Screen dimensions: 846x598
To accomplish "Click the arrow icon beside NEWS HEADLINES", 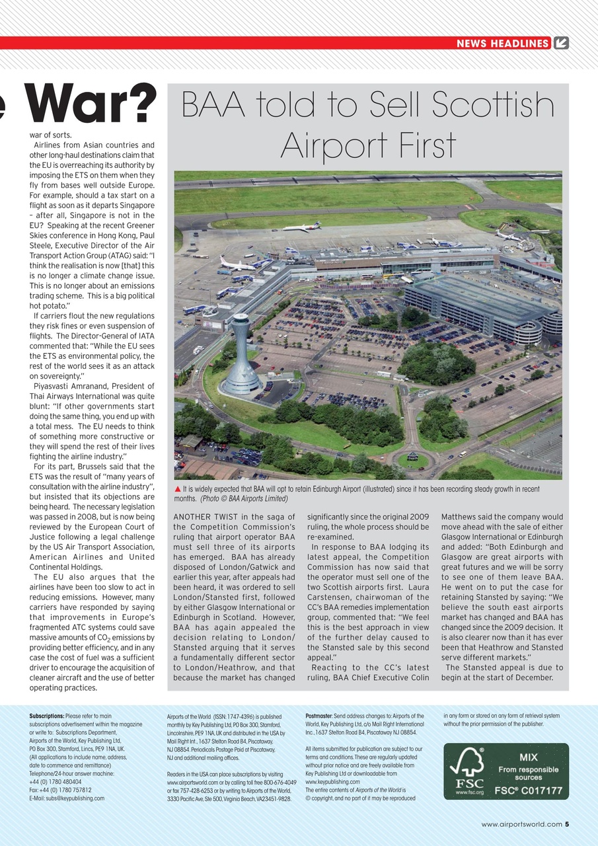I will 561,44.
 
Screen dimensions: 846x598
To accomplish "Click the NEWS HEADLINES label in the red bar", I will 503,44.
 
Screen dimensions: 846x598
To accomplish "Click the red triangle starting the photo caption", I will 177,489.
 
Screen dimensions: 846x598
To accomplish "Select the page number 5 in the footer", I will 567,824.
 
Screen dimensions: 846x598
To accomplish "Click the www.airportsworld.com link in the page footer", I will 522,824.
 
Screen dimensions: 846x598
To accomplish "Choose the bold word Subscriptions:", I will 47,716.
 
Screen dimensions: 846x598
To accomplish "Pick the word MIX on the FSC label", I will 529,757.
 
